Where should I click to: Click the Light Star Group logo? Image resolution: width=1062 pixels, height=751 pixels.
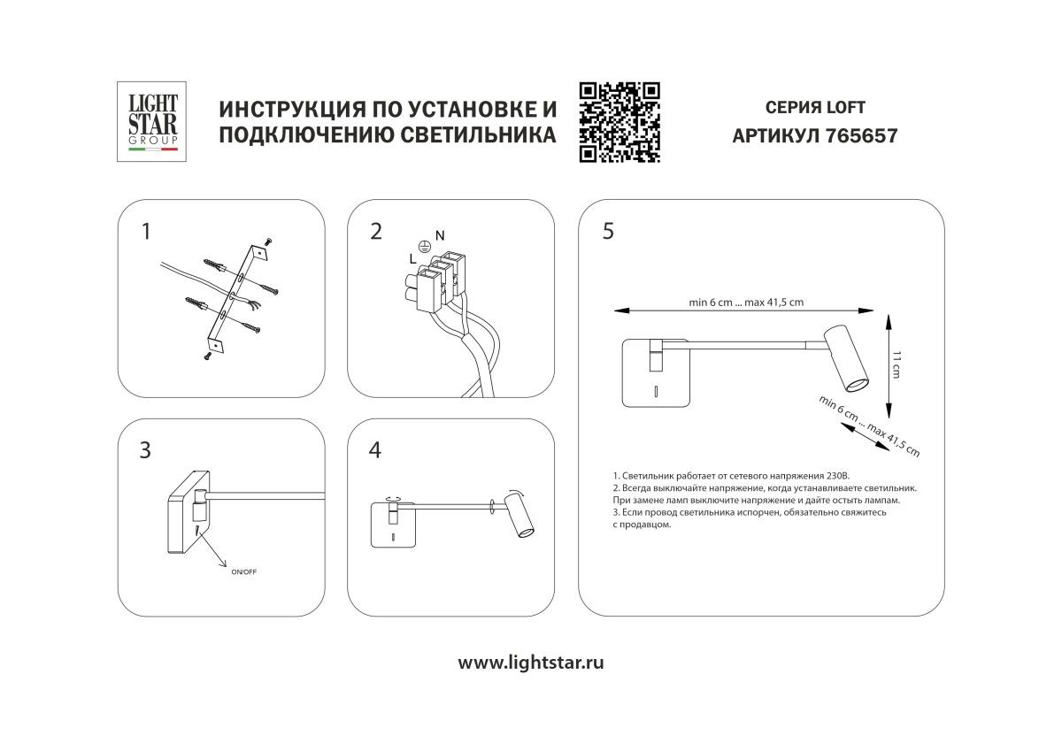coord(151,121)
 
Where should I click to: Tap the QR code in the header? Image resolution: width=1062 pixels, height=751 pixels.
coord(619,122)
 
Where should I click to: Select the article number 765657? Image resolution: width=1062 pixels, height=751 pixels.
coord(861,136)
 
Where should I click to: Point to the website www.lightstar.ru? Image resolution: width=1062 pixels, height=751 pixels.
coord(530,663)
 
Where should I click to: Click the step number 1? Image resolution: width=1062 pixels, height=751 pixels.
coord(146,232)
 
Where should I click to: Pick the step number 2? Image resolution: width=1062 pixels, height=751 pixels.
coord(376,232)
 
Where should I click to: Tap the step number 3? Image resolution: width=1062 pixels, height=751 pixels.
coord(145,450)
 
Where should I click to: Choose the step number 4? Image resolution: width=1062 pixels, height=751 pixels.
coord(375,450)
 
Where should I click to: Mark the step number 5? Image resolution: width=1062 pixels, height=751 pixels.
coord(608,231)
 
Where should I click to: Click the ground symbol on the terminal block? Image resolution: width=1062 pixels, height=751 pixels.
coord(424,246)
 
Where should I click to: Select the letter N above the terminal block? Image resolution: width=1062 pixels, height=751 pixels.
coord(440,235)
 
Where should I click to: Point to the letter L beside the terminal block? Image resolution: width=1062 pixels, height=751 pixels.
coord(413,258)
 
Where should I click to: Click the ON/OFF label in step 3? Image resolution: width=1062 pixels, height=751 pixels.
coord(243,572)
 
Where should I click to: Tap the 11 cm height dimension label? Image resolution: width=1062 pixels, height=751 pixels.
coord(896,364)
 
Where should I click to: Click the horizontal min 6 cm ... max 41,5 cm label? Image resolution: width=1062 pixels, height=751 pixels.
coord(746,303)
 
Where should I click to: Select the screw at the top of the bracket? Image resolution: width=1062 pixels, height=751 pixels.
coord(269,241)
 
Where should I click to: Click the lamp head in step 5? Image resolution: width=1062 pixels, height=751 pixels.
coord(847,358)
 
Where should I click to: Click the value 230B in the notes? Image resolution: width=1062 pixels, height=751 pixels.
coord(837,476)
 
